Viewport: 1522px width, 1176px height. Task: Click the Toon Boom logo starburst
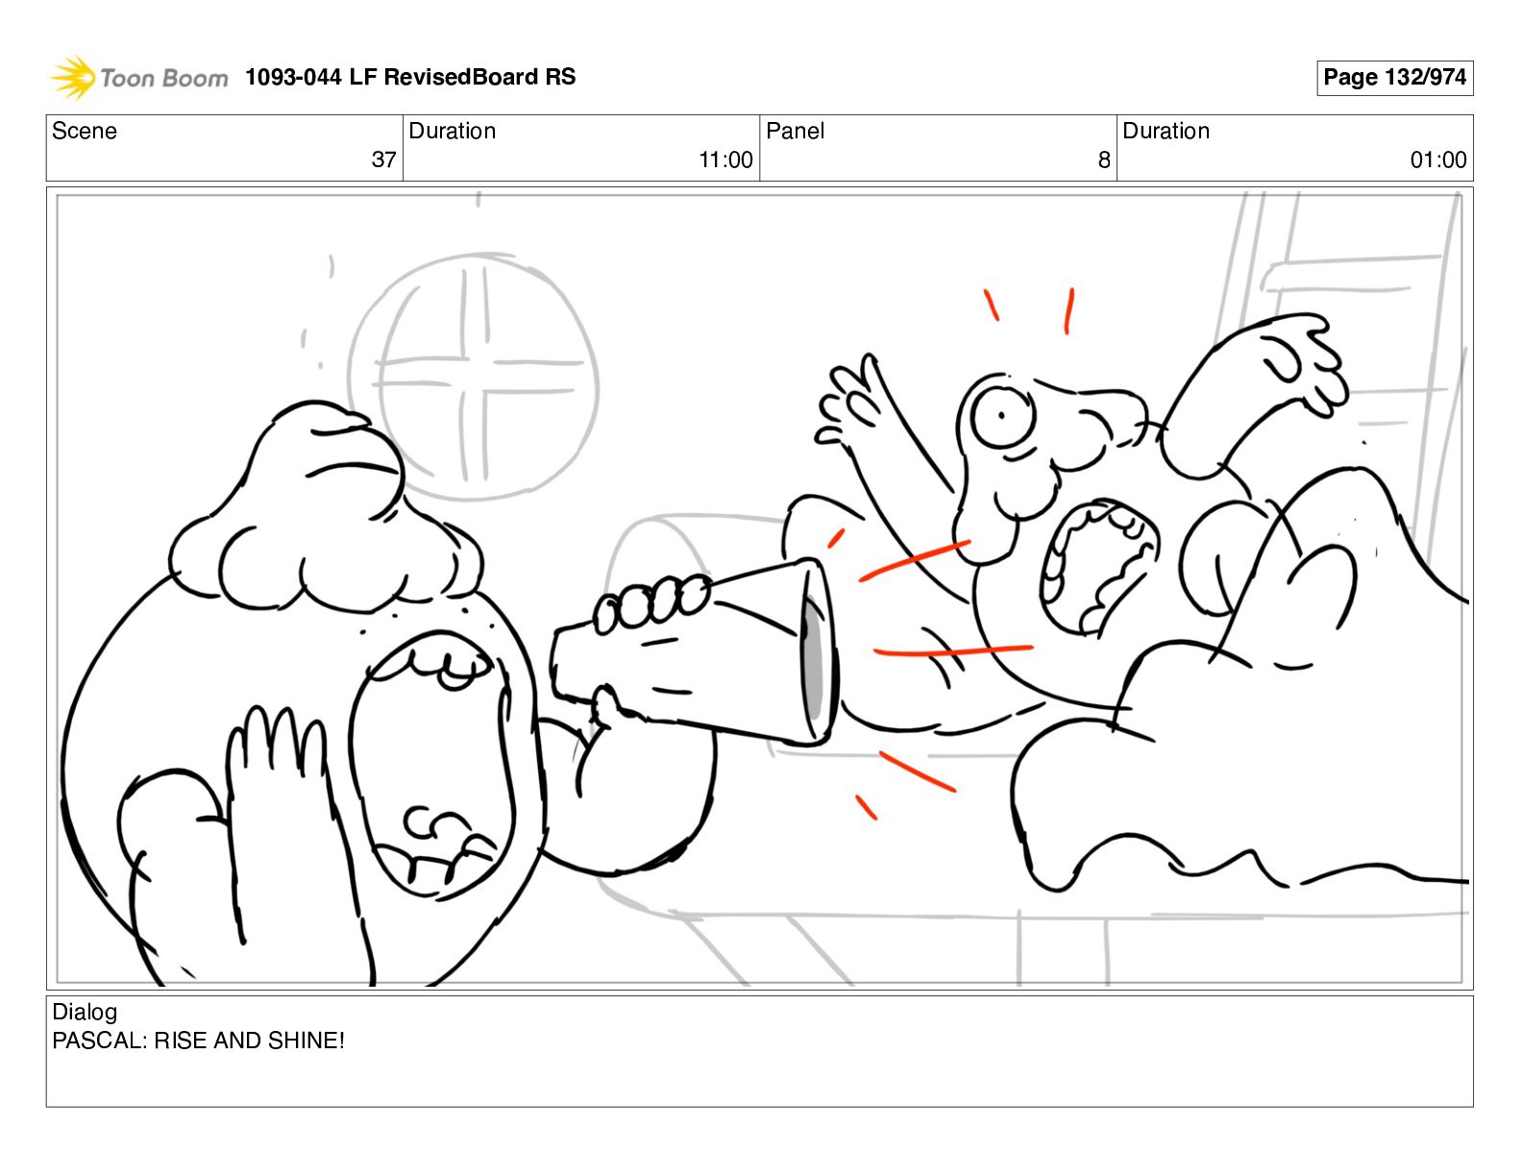coord(73,77)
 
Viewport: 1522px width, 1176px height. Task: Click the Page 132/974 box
coord(1394,78)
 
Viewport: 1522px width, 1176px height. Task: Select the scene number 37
coord(383,159)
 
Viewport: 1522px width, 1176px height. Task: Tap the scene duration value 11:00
coord(725,159)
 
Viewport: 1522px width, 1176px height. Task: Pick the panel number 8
coord(1104,160)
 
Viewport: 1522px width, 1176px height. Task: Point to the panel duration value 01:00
coord(1438,159)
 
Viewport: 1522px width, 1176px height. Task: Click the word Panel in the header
coord(795,131)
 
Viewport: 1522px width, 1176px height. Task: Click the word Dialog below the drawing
coord(85,1013)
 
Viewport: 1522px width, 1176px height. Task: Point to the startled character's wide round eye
coord(1002,417)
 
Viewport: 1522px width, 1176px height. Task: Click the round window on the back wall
coord(473,377)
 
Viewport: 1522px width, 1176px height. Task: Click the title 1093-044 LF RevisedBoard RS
coord(410,77)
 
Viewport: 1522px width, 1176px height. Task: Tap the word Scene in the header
coord(84,131)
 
